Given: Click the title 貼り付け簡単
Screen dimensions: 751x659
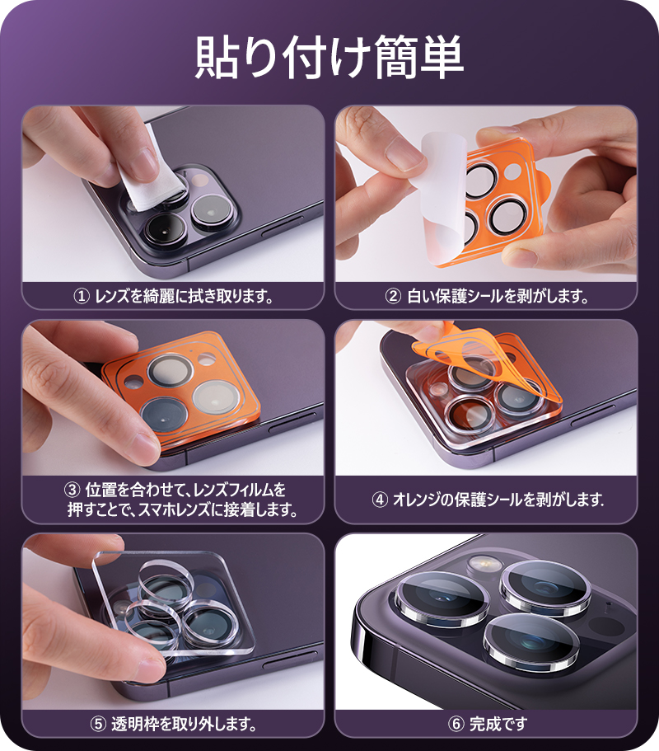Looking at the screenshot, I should [329, 56].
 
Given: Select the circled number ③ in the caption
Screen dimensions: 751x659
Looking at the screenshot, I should [71, 490].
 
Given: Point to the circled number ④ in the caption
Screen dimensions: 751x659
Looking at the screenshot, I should [381, 500].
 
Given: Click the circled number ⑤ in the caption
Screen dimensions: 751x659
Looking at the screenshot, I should [97, 725].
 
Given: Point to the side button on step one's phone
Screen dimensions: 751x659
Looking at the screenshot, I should [284, 233].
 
